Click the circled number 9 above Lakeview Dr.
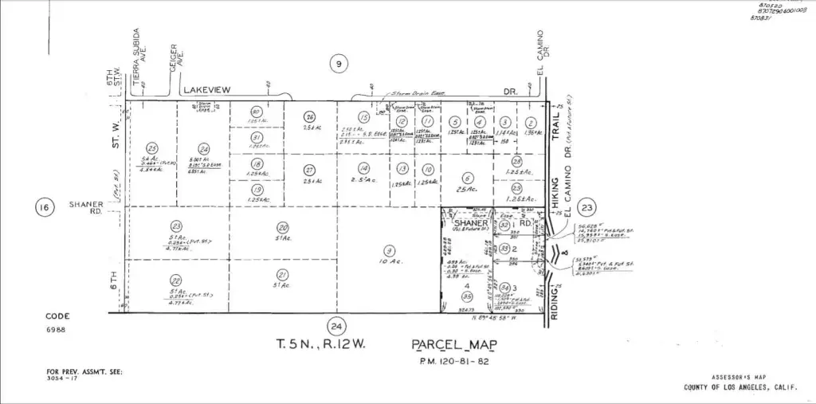click(339, 65)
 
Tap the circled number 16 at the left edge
click(44, 209)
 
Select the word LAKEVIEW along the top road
click(206, 91)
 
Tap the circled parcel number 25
click(152, 147)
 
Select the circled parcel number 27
click(310, 170)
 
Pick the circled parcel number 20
click(282, 226)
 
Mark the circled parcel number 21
click(282, 274)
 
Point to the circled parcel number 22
click(176, 280)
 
